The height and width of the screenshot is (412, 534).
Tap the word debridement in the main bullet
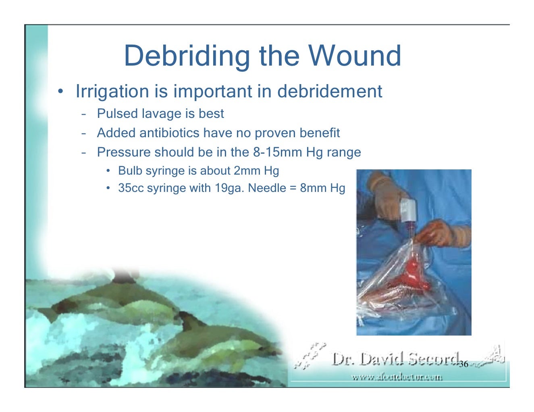[x=329, y=91]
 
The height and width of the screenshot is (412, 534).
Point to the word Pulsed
[x=117, y=114]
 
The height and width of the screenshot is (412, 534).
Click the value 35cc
[x=131, y=188]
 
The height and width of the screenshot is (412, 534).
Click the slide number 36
[x=463, y=364]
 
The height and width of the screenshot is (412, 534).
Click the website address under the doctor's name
[x=397, y=377]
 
